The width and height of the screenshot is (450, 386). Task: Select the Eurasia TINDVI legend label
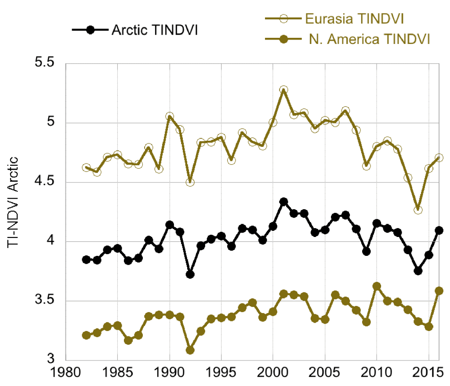tap(355, 18)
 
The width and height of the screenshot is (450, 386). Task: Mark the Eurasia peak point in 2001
tap(283, 90)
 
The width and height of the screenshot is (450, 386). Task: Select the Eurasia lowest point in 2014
tap(418, 210)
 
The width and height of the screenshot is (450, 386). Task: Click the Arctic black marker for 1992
tap(190, 274)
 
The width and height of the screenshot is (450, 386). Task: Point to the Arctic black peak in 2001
tap(283, 202)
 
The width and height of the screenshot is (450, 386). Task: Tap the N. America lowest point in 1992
tap(190, 350)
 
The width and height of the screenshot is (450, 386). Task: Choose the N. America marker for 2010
tap(377, 286)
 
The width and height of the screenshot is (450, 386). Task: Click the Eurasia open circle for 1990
tap(170, 117)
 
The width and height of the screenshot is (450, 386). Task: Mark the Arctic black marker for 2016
tap(439, 230)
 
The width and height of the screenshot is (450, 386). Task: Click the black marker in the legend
tap(91, 30)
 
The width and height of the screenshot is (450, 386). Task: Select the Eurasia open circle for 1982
tap(86, 168)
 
